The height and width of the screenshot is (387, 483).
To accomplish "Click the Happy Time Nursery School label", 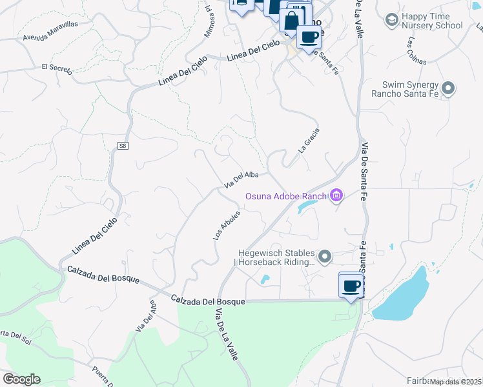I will pyautogui.click(x=432, y=21).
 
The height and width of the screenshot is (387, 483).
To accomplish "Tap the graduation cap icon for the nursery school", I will pyautogui.click(x=391, y=21).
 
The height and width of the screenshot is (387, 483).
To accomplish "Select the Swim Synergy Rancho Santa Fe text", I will pyautogui.click(x=410, y=89).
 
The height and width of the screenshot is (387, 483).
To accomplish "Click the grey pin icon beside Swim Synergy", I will pyautogui.click(x=450, y=88).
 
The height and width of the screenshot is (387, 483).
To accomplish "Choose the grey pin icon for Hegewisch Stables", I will pyautogui.click(x=325, y=257).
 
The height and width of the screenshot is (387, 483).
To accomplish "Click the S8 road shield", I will pyautogui.click(x=123, y=146).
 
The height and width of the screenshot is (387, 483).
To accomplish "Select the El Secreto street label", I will pyautogui.click(x=56, y=68).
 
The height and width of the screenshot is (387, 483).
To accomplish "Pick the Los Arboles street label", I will pyautogui.click(x=227, y=225).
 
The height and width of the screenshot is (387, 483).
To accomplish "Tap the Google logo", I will pyautogui.click(x=21, y=379).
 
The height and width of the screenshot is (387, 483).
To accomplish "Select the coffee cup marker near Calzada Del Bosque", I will pyautogui.click(x=351, y=286).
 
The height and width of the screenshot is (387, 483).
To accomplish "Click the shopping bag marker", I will pyautogui.click(x=291, y=19).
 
